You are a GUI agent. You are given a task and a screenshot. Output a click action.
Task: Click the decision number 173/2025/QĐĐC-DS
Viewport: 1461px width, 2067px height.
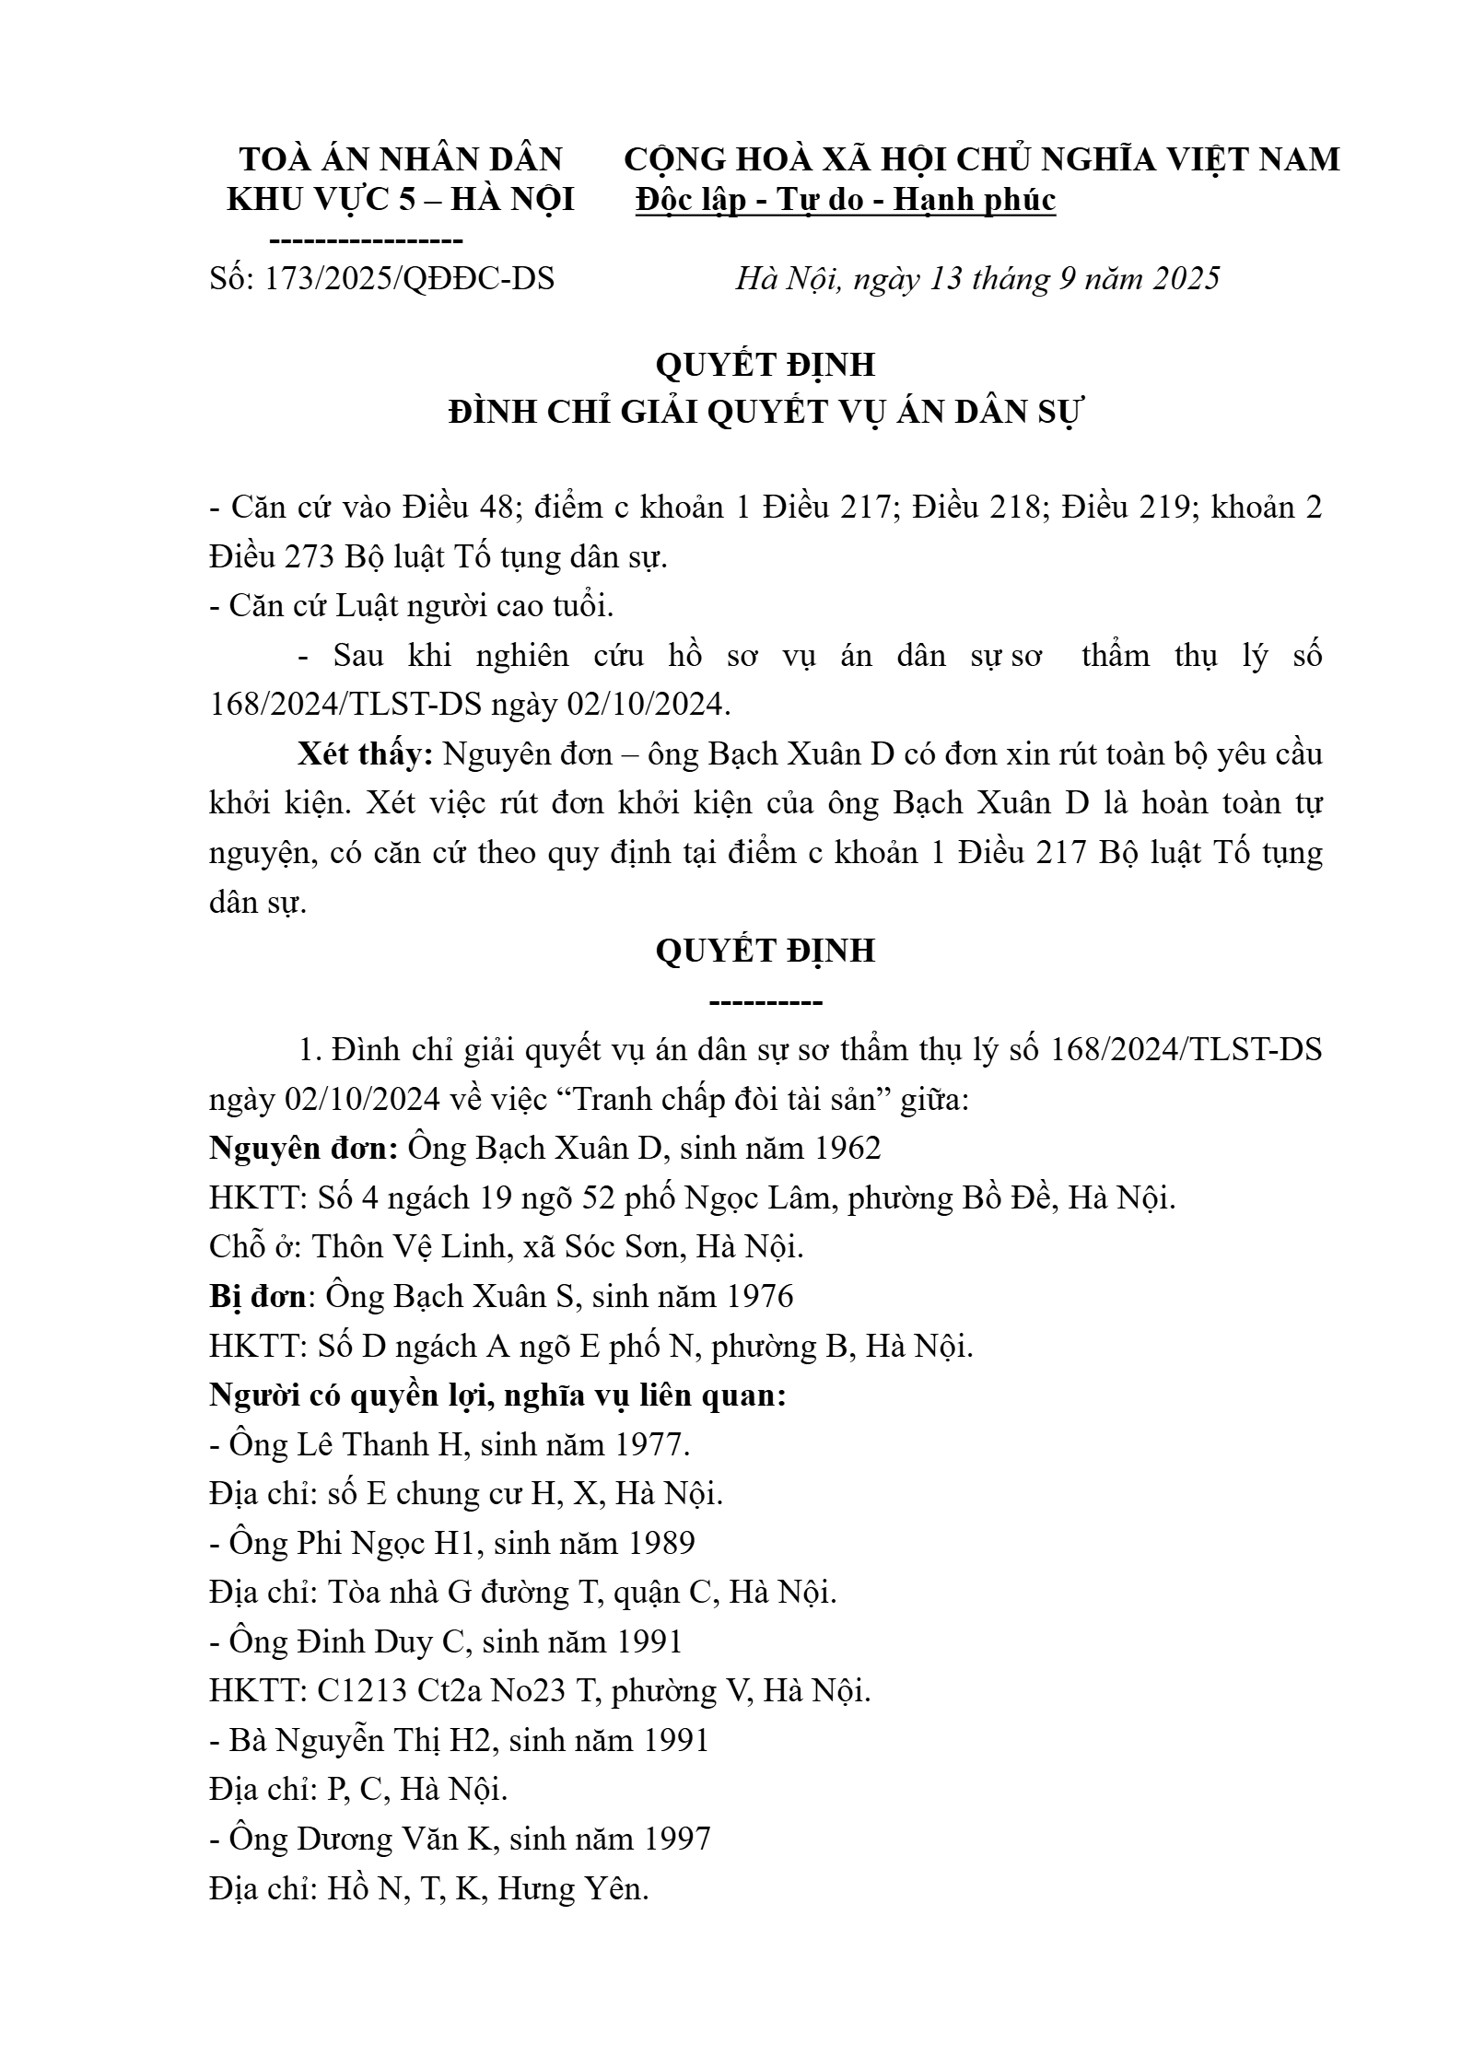pos(409,278)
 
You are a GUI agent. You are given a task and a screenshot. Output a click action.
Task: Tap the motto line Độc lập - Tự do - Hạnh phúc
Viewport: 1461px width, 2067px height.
pos(846,200)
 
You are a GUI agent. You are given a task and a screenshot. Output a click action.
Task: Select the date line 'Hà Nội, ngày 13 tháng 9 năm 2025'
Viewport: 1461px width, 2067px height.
pos(976,278)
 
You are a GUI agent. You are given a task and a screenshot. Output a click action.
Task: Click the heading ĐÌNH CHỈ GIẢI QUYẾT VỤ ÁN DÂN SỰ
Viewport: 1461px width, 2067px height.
pos(765,412)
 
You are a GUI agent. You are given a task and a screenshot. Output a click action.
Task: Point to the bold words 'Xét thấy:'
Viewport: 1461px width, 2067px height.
pos(365,753)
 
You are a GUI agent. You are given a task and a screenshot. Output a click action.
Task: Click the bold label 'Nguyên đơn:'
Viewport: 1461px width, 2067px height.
pos(303,1148)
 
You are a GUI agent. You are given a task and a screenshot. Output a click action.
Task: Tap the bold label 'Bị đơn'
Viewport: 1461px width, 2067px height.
pos(257,1296)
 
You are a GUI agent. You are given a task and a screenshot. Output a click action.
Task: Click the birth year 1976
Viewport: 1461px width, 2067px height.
pos(759,1296)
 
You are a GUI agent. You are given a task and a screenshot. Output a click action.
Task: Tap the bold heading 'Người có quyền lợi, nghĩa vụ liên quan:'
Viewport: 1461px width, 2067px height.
pos(497,1395)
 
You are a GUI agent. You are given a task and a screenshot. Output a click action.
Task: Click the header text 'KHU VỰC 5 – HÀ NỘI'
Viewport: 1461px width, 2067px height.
pos(401,200)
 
